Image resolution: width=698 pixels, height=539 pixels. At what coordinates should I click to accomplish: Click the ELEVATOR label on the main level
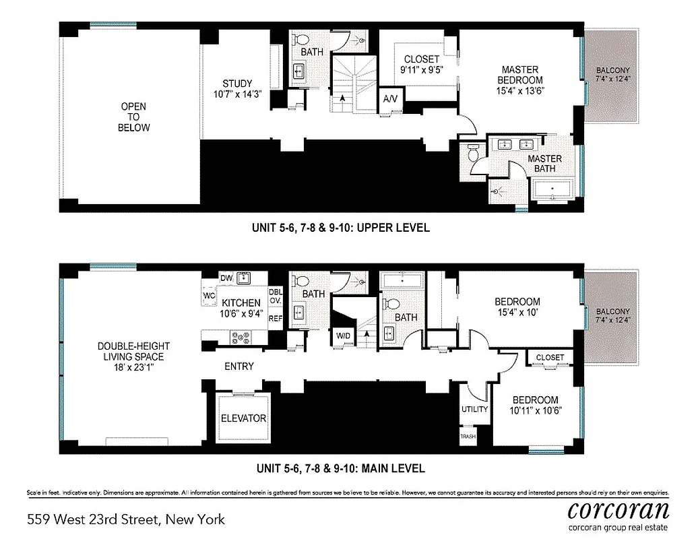pyautogui.click(x=243, y=418)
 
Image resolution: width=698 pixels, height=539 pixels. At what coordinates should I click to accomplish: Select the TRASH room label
pyautogui.click(x=468, y=437)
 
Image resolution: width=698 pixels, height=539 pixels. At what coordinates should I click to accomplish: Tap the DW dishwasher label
pyautogui.click(x=226, y=278)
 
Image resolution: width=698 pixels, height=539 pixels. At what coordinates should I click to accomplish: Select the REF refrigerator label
pyautogui.click(x=276, y=318)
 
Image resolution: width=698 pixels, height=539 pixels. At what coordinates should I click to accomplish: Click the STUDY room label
pyautogui.click(x=236, y=84)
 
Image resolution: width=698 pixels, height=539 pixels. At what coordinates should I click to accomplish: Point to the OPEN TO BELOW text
pyautogui.click(x=133, y=117)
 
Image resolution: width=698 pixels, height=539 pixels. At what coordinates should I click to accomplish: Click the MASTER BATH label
pyautogui.click(x=545, y=164)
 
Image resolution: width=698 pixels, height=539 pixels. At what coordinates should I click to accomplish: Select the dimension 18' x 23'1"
pyautogui.click(x=131, y=368)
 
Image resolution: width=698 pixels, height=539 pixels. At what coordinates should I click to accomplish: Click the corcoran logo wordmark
pyautogui.click(x=618, y=509)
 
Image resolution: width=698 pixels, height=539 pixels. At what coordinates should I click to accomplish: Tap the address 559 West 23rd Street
pyautogui.click(x=126, y=519)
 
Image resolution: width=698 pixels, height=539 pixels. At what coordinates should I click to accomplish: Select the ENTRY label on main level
pyautogui.click(x=239, y=367)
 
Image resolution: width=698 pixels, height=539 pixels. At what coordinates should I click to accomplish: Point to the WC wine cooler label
pyautogui.click(x=210, y=294)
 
